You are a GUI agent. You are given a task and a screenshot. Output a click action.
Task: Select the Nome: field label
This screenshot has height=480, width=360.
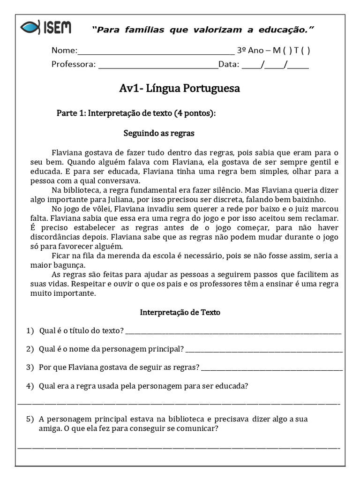(x=64, y=51)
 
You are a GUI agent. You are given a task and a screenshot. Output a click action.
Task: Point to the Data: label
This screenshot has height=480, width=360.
(x=229, y=65)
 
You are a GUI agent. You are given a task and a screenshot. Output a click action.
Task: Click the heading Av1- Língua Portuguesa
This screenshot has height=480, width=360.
(x=180, y=88)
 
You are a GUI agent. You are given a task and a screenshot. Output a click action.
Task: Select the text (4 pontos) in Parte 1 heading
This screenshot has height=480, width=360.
(x=195, y=113)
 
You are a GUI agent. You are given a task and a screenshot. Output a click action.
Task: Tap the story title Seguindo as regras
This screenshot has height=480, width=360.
(x=158, y=134)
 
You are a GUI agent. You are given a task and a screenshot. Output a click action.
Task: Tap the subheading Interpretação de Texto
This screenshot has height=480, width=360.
(x=180, y=312)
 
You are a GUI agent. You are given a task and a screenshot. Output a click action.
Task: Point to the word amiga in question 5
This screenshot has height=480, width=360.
(x=49, y=428)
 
